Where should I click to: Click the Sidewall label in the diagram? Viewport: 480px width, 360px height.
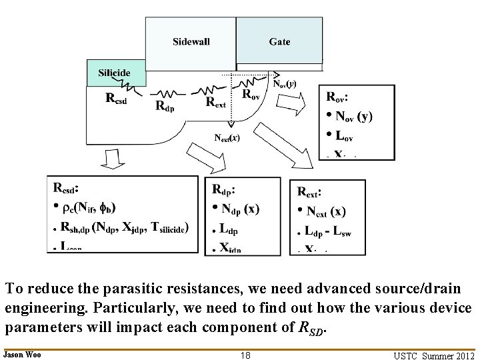click(191, 41)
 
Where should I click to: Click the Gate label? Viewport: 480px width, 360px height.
click(279, 41)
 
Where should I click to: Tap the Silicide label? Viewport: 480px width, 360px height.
click(114, 72)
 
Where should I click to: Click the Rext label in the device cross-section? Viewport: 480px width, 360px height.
click(215, 102)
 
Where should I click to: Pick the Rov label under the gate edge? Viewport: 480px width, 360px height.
click(251, 95)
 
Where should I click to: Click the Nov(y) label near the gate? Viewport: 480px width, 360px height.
click(285, 84)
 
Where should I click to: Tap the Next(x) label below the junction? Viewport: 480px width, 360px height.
click(227, 138)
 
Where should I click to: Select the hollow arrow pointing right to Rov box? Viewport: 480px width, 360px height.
click(291, 104)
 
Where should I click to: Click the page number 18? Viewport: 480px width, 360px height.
click(245, 355)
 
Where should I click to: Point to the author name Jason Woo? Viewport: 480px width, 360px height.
click(22, 355)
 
